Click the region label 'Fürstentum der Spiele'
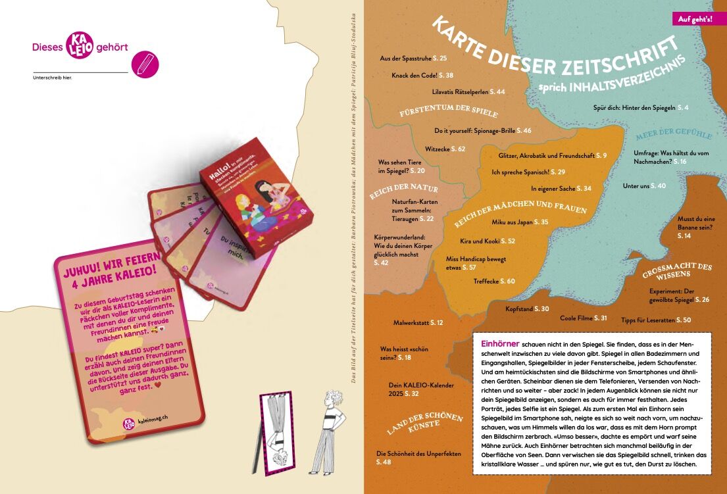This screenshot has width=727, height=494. pos(449,111)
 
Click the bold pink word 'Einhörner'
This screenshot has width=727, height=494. pos(501,344)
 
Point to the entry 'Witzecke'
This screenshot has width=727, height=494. pos(445,149)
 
